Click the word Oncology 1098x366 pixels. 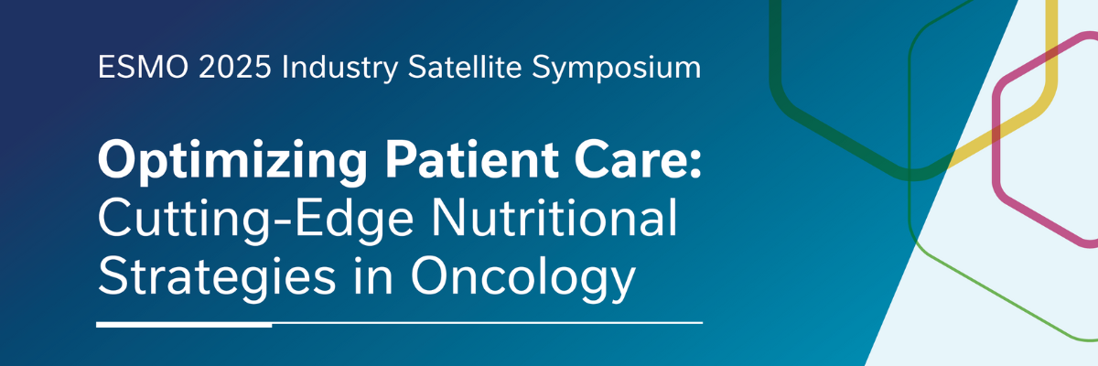(522, 277)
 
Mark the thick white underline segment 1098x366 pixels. (184, 323)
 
